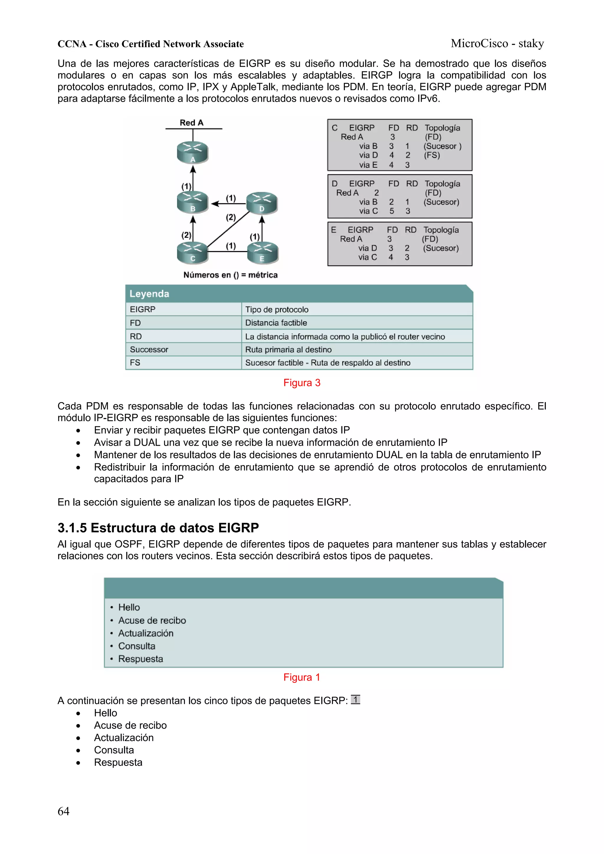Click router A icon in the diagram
[192, 152]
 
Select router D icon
[262, 203]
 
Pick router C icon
[192, 252]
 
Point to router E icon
[262, 252]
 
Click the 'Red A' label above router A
[192, 123]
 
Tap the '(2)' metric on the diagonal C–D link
[231, 217]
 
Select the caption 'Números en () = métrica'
[230, 275]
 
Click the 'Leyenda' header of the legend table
[149, 294]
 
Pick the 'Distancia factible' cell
[276, 323]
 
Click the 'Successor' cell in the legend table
[149, 350]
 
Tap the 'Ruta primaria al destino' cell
[288, 350]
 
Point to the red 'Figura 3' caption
[302, 383]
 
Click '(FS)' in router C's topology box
[432, 155]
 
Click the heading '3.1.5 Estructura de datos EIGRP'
[158, 528]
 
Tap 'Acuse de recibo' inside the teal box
[152, 621]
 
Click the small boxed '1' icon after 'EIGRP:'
[355, 700]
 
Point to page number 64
[63, 811]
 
